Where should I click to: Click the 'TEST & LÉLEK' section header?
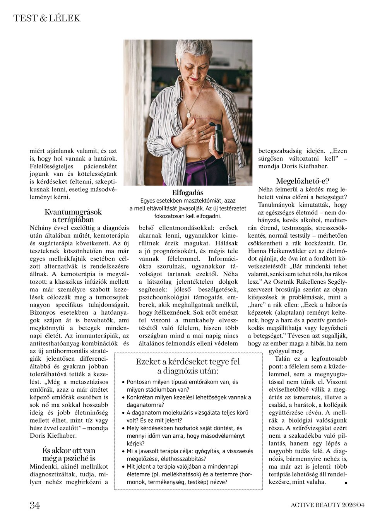pos(47,18)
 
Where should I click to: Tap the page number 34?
pos(35,505)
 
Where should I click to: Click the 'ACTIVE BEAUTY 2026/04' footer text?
pos(327,505)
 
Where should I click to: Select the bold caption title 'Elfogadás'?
pos(188,193)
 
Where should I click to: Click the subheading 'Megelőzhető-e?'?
pos(303,181)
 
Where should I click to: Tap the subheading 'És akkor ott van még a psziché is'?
pos(69,454)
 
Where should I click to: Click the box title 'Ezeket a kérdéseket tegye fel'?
pos(188,362)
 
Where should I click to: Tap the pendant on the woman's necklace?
pos(188,115)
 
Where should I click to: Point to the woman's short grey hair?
pos(193,48)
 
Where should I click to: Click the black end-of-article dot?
pos(346,483)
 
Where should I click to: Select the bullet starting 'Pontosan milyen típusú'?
pos(182,385)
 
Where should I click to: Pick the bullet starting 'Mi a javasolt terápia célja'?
pos(190,455)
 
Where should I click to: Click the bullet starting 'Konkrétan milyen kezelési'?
pos(189,401)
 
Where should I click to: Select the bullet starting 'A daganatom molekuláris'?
pos(187,416)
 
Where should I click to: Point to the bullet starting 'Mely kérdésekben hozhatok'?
pos(185,435)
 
